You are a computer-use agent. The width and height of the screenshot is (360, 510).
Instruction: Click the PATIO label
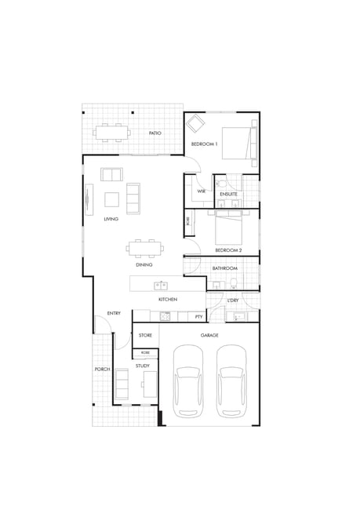click(155, 133)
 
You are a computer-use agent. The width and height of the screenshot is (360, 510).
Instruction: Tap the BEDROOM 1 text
click(204, 144)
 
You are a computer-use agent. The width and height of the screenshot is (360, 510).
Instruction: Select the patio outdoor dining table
click(112, 133)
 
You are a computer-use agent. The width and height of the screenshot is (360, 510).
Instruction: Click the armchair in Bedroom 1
click(195, 124)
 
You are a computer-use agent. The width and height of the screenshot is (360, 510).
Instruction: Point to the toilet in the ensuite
click(223, 184)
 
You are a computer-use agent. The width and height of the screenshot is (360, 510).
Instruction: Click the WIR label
click(202, 191)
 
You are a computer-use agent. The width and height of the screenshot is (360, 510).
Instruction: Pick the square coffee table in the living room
click(111, 199)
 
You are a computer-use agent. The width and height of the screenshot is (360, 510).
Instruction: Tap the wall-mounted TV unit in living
click(89, 199)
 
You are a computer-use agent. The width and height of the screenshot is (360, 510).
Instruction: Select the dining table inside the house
click(145, 249)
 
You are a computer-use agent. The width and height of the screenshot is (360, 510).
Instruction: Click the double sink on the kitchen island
click(161, 286)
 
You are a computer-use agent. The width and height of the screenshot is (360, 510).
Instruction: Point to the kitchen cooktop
click(165, 316)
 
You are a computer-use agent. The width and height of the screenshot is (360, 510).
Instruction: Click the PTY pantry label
click(198, 316)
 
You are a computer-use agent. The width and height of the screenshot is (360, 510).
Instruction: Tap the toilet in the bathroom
click(234, 283)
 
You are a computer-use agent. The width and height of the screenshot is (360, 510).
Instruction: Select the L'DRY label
click(233, 301)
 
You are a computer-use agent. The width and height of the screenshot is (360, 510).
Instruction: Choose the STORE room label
click(145, 335)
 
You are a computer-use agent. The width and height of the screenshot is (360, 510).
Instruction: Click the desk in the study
click(150, 384)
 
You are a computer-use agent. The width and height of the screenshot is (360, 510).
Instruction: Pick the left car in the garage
click(188, 381)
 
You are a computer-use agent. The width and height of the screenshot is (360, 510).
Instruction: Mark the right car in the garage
click(231, 381)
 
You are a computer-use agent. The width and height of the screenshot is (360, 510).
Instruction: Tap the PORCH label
click(102, 370)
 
